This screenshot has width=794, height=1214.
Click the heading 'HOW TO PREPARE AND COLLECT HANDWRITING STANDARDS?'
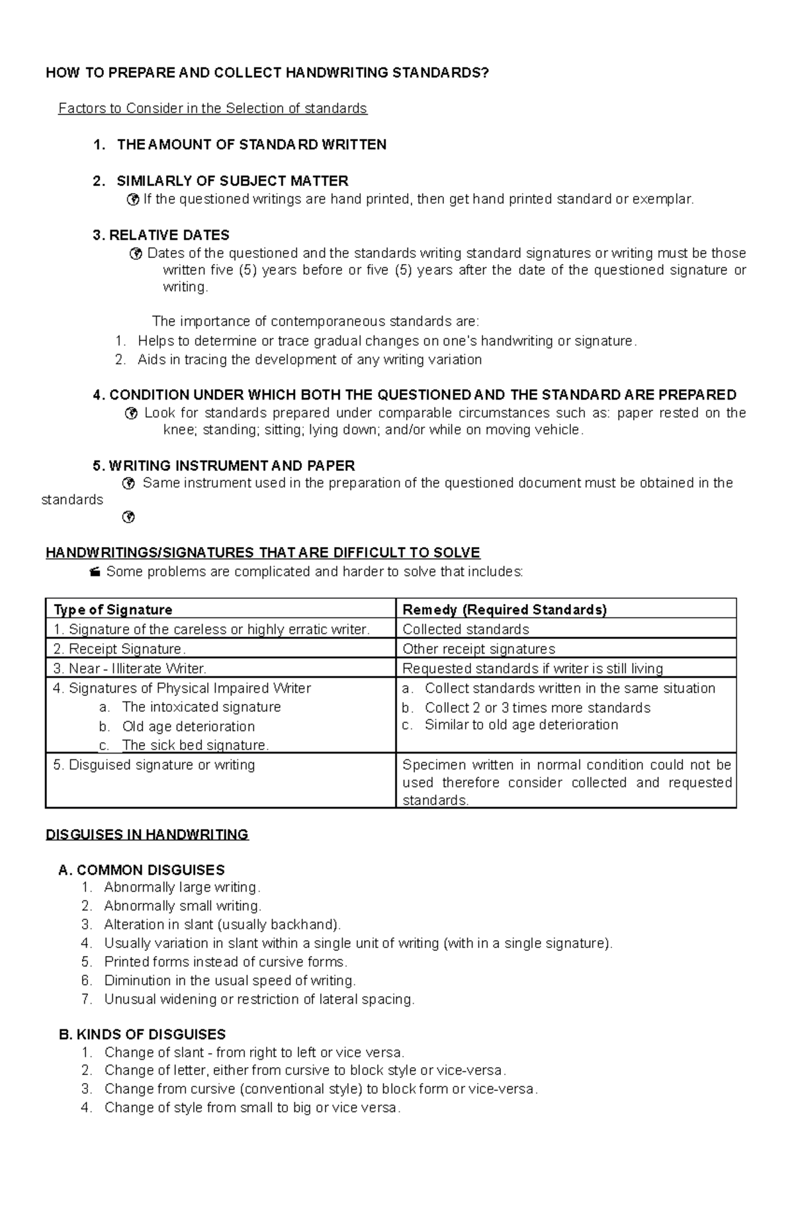(x=267, y=73)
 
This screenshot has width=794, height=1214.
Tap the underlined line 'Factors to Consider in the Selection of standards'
(x=212, y=108)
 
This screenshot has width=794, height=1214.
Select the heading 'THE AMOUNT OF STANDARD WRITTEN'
(x=251, y=145)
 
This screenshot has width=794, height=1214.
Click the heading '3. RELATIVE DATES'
(x=161, y=236)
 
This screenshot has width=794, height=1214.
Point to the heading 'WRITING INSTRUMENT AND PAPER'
(x=232, y=466)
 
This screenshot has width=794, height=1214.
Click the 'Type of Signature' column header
(x=112, y=610)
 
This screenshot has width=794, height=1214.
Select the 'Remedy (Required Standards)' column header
(x=504, y=610)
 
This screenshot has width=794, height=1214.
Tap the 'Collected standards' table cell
(x=466, y=629)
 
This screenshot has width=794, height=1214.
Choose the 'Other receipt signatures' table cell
(x=478, y=649)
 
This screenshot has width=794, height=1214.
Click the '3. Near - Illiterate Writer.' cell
(x=130, y=669)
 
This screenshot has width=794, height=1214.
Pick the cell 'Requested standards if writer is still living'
(x=533, y=669)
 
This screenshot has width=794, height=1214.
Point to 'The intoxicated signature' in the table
(x=201, y=707)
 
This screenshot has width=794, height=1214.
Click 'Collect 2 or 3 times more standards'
(x=537, y=708)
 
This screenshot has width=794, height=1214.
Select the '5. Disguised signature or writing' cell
(x=154, y=765)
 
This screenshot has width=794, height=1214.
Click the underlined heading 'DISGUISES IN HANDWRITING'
(x=147, y=835)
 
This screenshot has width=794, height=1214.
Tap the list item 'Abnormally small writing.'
(x=183, y=906)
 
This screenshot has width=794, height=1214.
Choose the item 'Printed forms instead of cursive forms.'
(x=226, y=962)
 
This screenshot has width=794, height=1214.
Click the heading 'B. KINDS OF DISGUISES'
(x=142, y=1035)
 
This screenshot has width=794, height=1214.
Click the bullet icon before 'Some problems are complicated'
(x=95, y=572)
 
